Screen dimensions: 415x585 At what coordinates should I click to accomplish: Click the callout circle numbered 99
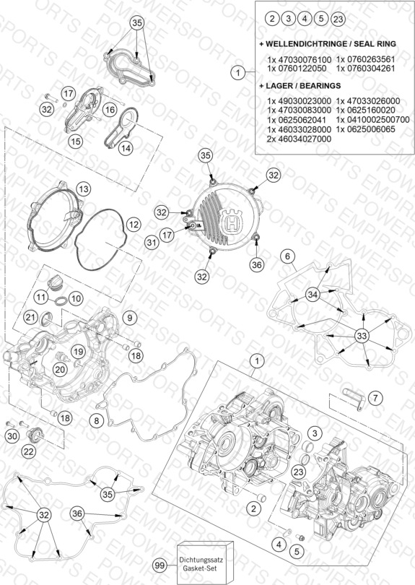click(160, 565)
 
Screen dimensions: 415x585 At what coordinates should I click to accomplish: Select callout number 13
click(84, 188)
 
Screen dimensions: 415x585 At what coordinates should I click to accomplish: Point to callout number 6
click(287, 256)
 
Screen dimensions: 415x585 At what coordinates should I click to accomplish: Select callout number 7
click(375, 398)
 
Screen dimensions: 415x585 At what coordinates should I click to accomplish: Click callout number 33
click(362, 336)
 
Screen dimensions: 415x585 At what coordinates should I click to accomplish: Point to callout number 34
click(313, 295)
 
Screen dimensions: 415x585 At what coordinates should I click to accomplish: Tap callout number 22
click(29, 451)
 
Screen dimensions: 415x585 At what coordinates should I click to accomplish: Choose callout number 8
click(97, 421)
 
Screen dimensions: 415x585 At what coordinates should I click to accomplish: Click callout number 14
click(126, 148)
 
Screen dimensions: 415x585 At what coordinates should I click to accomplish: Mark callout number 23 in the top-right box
click(338, 19)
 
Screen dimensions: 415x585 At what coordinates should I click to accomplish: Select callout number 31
click(152, 243)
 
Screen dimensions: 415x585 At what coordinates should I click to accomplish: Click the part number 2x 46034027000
click(300, 139)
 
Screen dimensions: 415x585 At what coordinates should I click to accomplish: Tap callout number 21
click(30, 318)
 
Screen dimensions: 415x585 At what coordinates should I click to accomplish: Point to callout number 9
click(130, 318)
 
